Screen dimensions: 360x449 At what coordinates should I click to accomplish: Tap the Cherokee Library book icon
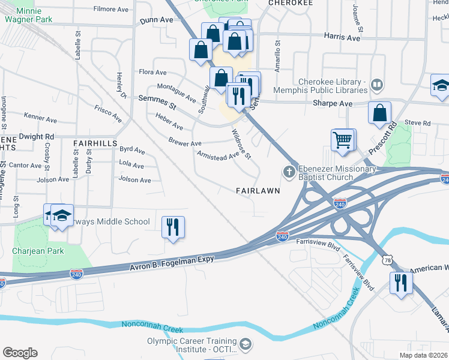click(x=377, y=85)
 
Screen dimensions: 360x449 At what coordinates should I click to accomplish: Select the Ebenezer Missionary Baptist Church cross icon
click(x=289, y=173)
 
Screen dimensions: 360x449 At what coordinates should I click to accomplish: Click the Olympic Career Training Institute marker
click(x=244, y=344)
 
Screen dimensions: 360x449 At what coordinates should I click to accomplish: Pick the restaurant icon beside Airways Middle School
click(x=172, y=227)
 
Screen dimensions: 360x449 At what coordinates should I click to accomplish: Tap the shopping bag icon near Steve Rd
click(x=380, y=113)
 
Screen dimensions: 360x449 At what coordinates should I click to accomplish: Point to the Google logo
click(x=20, y=353)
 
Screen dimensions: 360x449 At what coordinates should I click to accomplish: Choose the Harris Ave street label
click(x=341, y=37)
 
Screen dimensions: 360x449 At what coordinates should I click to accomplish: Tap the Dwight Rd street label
click(x=36, y=137)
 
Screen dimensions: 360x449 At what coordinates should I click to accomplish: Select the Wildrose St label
click(x=241, y=145)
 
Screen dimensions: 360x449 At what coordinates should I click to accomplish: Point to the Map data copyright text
click(x=424, y=355)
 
